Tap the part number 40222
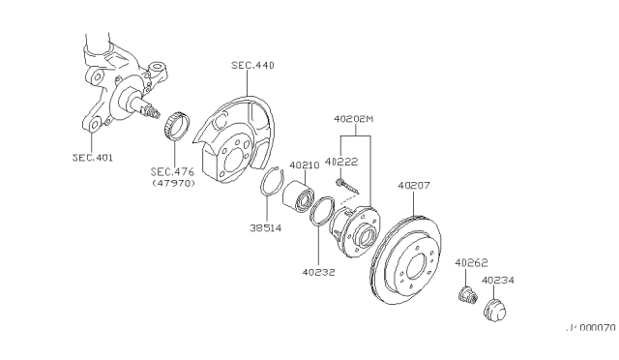click(340, 163)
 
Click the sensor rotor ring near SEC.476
click(175, 125)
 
